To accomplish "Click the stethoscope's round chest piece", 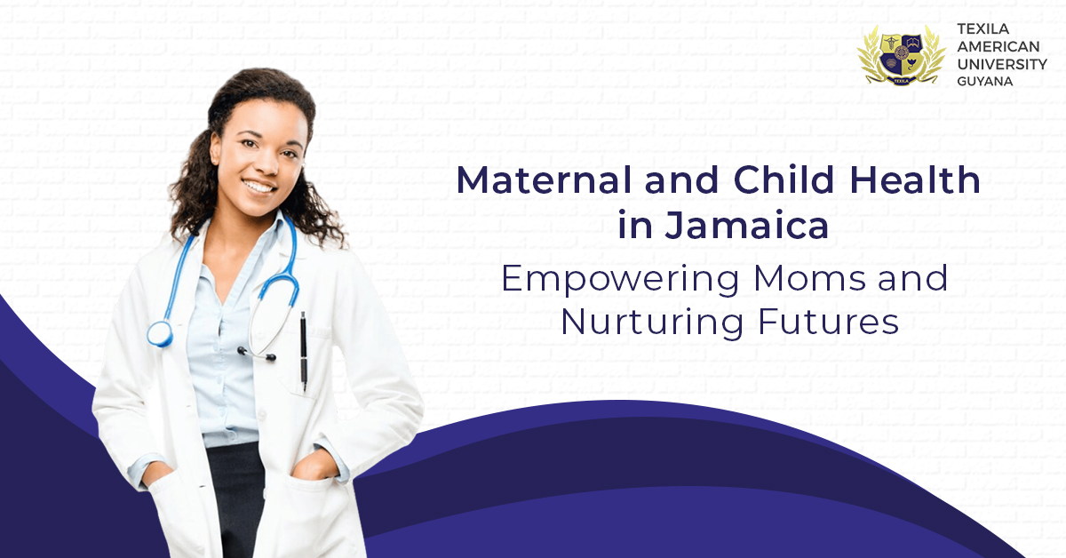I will click(x=160, y=333).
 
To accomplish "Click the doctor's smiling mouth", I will click(x=259, y=187).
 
